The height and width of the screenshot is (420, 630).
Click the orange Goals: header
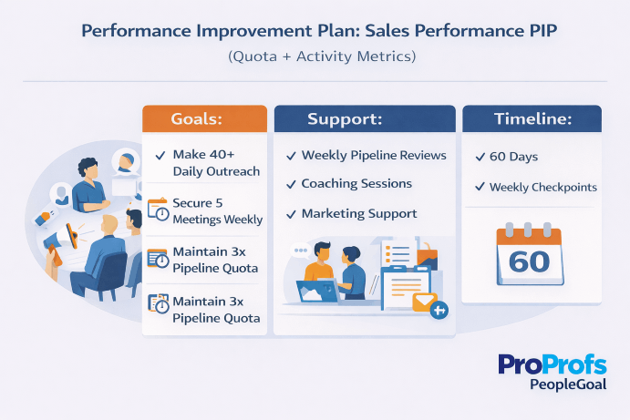(x=204, y=120)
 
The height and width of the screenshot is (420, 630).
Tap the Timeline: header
(x=532, y=120)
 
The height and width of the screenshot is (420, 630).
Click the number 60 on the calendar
(x=530, y=261)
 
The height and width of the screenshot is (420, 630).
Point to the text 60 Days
(x=515, y=157)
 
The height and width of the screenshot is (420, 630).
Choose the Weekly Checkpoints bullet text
(x=543, y=187)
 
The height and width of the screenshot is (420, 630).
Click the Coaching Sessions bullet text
(x=356, y=184)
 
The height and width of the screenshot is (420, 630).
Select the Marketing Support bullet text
(x=359, y=213)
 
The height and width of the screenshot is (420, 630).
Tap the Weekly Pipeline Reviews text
(x=374, y=155)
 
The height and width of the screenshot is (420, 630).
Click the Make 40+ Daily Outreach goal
(x=215, y=163)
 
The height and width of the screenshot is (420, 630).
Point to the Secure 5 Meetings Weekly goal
(x=217, y=210)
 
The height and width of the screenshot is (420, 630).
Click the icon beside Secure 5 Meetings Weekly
(x=158, y=210)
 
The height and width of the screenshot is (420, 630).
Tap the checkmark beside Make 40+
(x=160, y=156)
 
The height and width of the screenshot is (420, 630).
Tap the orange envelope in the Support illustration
(x=425, y=302)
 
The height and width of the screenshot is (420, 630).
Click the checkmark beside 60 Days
(x=480, y=157)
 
